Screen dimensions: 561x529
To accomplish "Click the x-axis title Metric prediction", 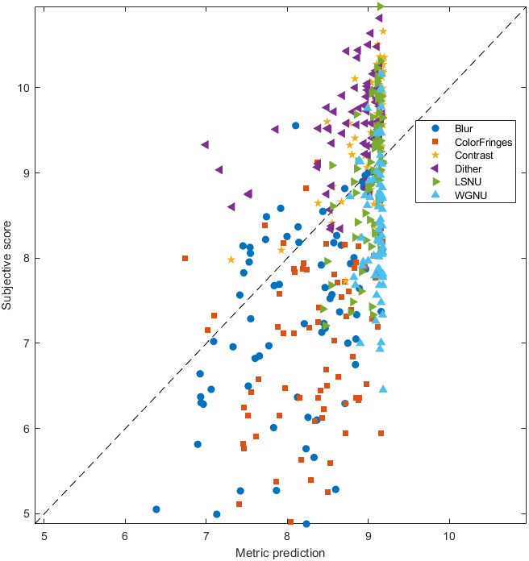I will (x=280, y=553).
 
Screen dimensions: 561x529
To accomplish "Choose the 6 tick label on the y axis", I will (x=29, y=428).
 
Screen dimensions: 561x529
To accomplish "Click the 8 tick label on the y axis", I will (x=29, y=258).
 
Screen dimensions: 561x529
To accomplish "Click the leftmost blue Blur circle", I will (x=156, y=509).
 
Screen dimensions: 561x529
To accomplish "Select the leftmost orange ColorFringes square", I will (x=185, y=258).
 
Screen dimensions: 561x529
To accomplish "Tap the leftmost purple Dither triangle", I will (x=205, y=144).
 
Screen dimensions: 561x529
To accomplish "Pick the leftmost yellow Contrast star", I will (x=231, y=260).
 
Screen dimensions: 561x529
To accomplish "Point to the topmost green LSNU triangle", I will (x=381, y=6).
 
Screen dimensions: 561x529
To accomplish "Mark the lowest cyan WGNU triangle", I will (x=384, y=389).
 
